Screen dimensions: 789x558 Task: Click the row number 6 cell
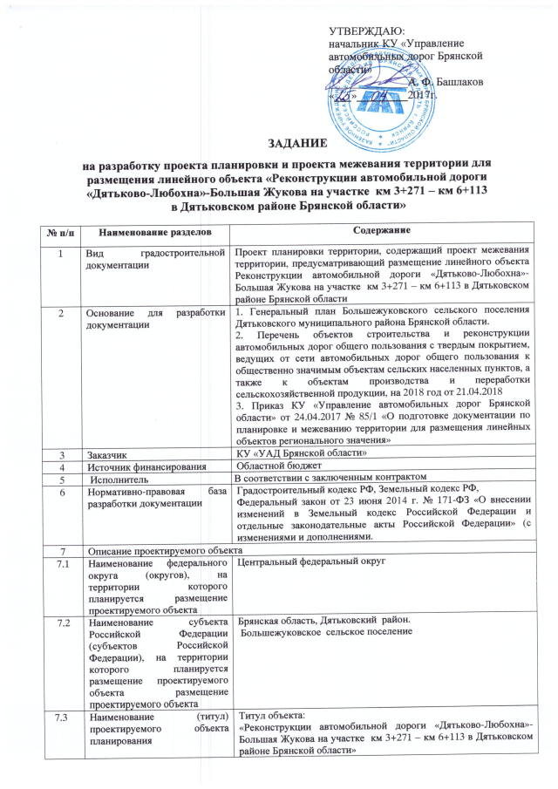tap(60, 491)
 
